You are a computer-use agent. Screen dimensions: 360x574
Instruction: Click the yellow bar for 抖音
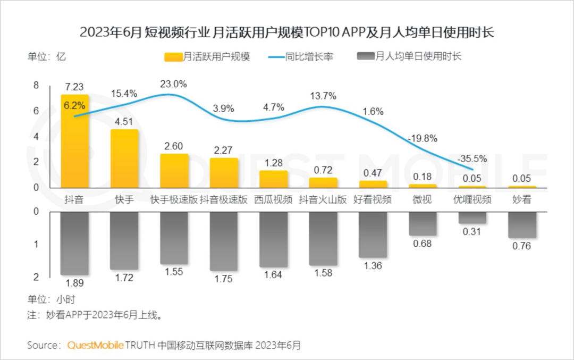click(74, 141)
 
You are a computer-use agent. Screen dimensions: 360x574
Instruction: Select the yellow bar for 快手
click(124, 158)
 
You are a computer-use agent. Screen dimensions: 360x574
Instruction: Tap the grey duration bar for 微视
click(423, 223)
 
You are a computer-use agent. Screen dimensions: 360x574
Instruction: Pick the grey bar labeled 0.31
click(472, 217)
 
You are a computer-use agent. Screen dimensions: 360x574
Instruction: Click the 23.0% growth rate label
click(173, 83)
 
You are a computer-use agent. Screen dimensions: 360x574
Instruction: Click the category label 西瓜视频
click(273, 200)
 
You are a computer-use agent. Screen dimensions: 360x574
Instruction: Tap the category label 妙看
click(522, 200)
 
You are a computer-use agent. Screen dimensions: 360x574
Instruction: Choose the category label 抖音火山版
click(323, 200)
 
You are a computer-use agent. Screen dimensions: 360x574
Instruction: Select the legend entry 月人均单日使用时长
click(418, 56)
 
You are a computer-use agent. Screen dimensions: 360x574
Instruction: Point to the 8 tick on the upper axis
click(36, 85)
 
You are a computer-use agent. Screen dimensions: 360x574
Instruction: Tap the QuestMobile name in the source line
click(96, 345)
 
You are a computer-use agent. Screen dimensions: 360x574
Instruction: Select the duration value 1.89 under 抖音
click(74, 283)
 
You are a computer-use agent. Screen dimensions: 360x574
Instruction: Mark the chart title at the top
click(287, 33)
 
